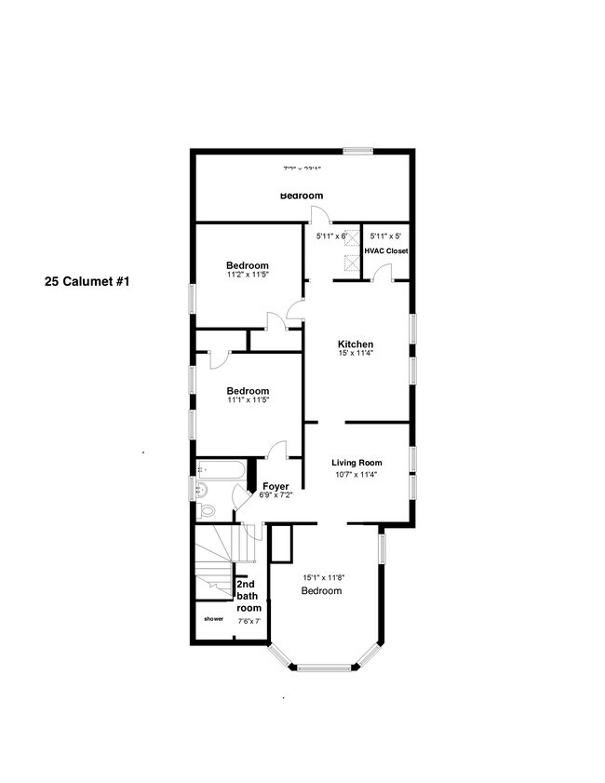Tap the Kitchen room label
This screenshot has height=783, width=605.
[x=355, y=344]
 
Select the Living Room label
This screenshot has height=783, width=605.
[x=357, y=463]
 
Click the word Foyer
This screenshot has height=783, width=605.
[x=276, y=486]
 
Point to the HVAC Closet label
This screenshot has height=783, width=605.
[x=386, y=251]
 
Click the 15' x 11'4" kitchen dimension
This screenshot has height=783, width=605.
[x=355, y=354]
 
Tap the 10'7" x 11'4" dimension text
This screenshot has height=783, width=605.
[x=357, y=474]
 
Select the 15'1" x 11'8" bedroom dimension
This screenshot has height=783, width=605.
[x=324, y=577]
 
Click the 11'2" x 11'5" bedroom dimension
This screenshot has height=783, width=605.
[x=248, y=275]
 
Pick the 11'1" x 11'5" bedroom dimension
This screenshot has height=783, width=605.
[x=248, y=400]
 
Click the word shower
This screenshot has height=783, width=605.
[x=214, y=618]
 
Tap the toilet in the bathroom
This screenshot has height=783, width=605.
[x=208, y=510]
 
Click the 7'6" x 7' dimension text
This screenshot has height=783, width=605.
[x=249, y=620]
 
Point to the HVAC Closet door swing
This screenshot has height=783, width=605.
[x=381, y=272]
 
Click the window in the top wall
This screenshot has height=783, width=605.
[x=357, y=151]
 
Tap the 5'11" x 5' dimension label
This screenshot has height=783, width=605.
[x=384, y=236]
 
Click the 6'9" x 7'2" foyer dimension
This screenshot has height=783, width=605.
[x=276, y=495]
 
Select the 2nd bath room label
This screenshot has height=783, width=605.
[x=248, y=596]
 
